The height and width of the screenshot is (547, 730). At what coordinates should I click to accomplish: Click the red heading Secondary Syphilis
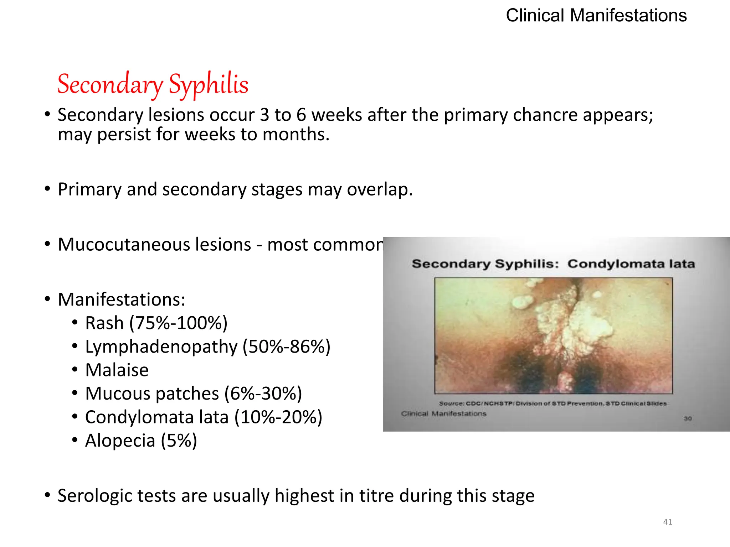click(153, 84)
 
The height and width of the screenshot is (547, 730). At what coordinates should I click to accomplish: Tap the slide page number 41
click(667, 522)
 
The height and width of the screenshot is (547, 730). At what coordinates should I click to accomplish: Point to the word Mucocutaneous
click(154, 245)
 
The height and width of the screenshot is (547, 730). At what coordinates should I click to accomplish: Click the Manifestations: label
click(122, 299)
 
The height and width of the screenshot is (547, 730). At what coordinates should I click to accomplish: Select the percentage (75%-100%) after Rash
click(178, 323)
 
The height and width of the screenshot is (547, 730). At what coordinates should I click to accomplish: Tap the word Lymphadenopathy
click(161, 347)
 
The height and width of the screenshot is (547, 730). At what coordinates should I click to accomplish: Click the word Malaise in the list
click(117, 370)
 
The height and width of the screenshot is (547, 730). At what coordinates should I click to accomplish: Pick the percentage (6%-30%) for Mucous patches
click(263, 394)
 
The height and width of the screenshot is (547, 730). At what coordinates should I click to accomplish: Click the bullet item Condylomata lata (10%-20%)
click(204, 417)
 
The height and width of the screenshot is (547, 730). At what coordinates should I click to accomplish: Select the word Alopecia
click(120, 441)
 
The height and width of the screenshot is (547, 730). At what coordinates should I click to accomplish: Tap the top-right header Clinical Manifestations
click(596, 16)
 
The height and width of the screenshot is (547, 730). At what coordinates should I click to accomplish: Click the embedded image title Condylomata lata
click(631, 264)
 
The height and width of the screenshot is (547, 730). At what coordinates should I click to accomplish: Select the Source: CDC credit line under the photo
click(552, 403)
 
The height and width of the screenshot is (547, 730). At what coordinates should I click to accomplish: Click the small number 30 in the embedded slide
click(688, 418)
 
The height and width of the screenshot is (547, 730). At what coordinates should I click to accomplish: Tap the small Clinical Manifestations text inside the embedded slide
click(443, 414)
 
